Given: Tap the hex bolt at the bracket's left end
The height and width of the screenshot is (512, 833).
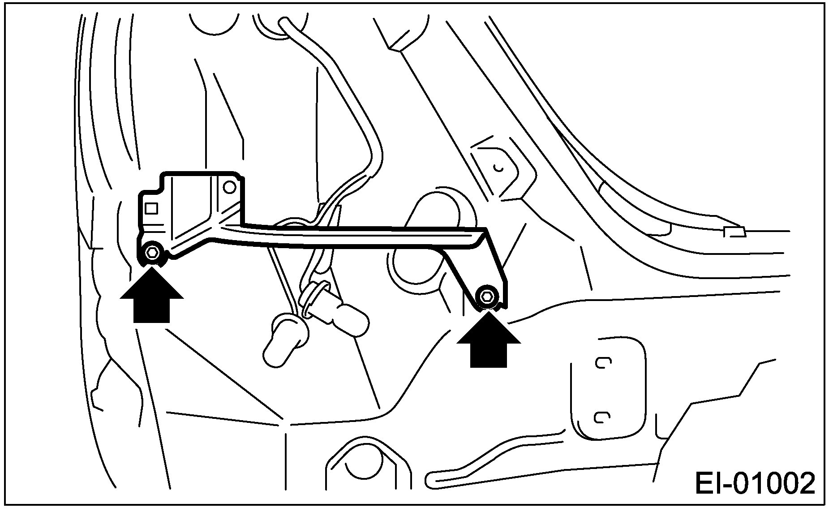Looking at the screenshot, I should point(152,253).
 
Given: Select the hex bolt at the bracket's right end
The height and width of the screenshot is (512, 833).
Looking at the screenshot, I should point(487,296).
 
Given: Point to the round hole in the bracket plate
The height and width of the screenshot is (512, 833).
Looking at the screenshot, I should point(230,187).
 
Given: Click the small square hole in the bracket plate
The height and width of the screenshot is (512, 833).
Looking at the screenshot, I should point(151,208).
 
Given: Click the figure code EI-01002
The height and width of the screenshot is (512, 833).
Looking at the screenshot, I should point(755,483).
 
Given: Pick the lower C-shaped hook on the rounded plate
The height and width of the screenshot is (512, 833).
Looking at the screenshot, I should point(601,417).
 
